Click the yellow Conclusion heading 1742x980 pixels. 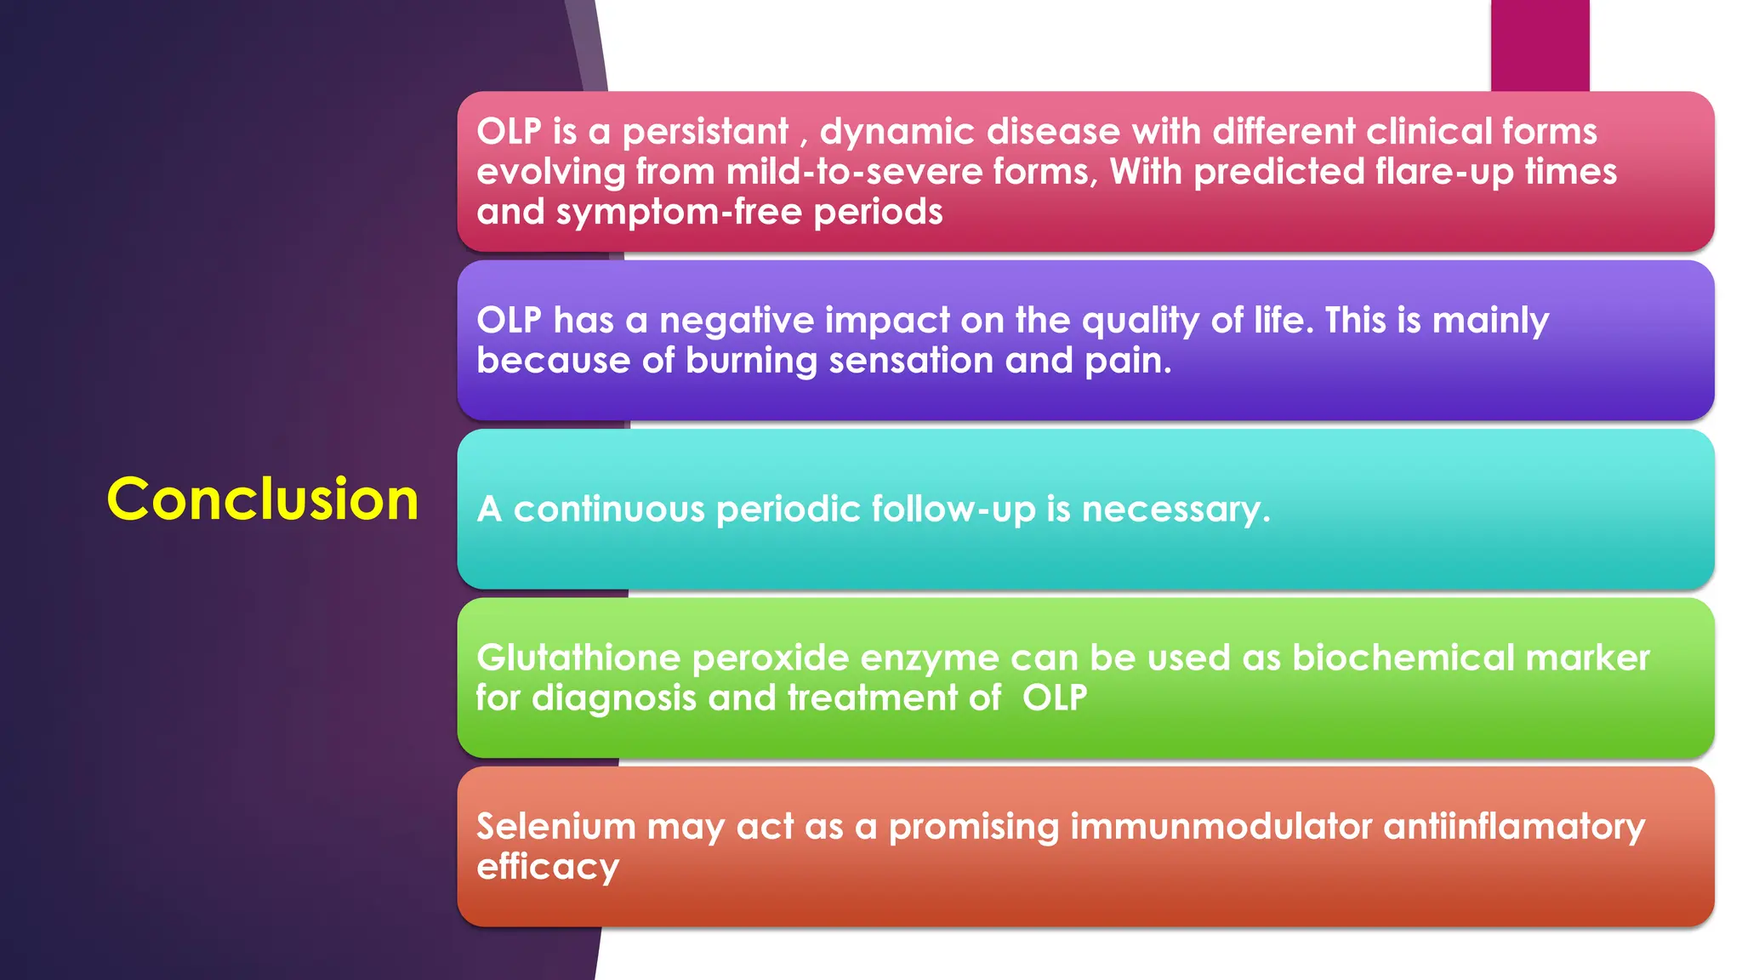point(262,499)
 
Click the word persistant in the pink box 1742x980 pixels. point(705,133)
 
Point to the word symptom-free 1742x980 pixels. point(679,213)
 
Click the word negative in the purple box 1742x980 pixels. point(737,322)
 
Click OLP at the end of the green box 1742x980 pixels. point(1055,698)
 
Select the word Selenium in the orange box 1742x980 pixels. point(555,827)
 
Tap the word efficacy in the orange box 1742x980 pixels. point(547,868)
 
